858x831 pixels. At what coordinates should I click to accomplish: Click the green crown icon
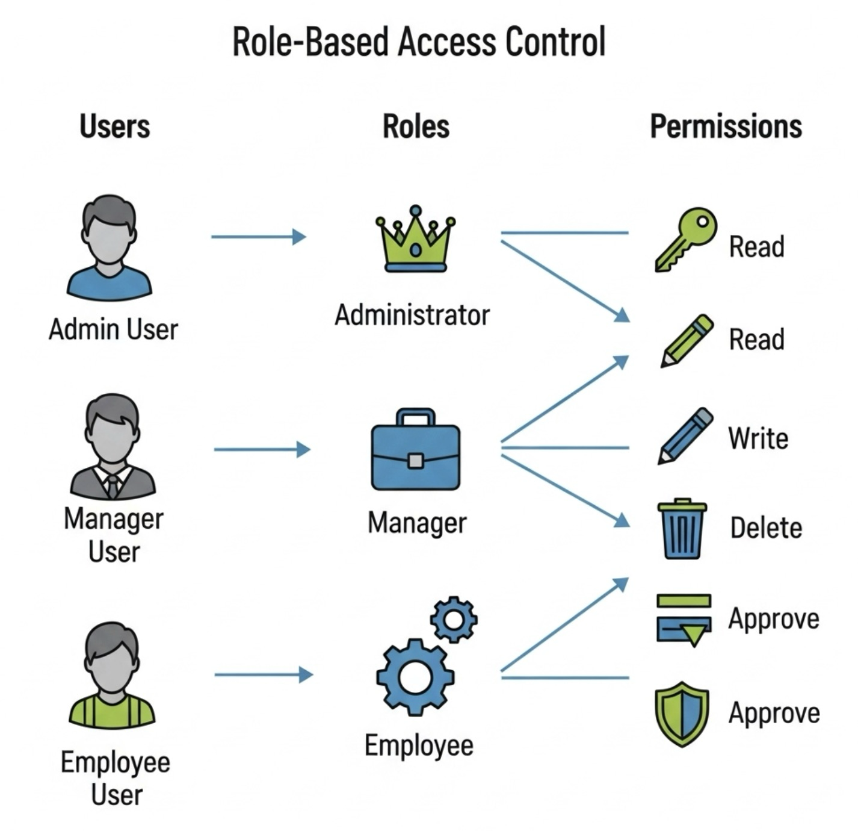tap(415, 241)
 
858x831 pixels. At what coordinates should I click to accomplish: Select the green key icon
tap(686, 240)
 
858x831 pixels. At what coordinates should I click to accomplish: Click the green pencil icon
tap(686, 340)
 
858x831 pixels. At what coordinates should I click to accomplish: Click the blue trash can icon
tap(682, 529)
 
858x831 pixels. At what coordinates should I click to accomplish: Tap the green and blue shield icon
tap(681, 714)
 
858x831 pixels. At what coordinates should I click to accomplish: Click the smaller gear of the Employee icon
tap(454, 620)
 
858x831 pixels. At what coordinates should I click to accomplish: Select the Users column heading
tap(114, 126)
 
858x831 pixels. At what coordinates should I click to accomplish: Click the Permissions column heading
tap(726, 126)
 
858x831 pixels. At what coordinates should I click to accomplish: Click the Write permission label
tap(758, 438)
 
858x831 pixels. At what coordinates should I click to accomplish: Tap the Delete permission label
tap(766, 528)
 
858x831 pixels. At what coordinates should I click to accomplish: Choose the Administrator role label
tap(412, 315)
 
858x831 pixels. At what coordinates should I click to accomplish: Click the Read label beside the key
tap(756, 247)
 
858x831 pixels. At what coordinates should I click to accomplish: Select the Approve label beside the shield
tap(774, 713)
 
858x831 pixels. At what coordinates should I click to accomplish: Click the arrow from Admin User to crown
tap(259, 237)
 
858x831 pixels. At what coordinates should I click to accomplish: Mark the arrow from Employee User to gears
tap(264, 674)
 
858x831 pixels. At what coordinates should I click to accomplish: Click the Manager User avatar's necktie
tap(113, 485)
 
